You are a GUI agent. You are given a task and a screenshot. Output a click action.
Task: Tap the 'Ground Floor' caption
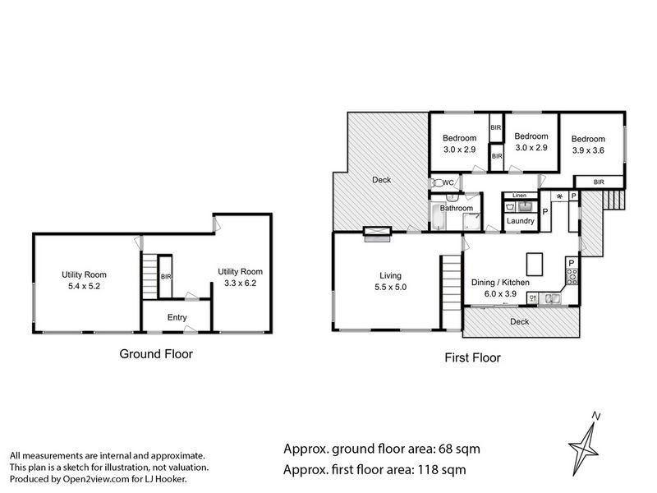coord(156,354)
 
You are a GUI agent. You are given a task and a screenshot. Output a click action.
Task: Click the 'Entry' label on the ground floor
coord(177,317)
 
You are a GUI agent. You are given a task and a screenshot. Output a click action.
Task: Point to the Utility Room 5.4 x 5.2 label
coord(84,281)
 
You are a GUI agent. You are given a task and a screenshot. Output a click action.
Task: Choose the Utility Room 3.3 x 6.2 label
coord(240,278)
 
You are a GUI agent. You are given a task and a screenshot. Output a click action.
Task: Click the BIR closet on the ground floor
coord(166,277)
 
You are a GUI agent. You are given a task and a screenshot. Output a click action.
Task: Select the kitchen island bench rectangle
coord(535,264)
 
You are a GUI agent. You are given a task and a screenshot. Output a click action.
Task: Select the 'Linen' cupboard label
coord(519,196)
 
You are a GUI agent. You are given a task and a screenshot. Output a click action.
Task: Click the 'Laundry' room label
coord(521,221)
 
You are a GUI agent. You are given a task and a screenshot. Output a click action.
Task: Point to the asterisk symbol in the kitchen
coord(559,197)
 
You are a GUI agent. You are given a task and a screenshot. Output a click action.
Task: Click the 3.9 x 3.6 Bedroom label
coord(589,145)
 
